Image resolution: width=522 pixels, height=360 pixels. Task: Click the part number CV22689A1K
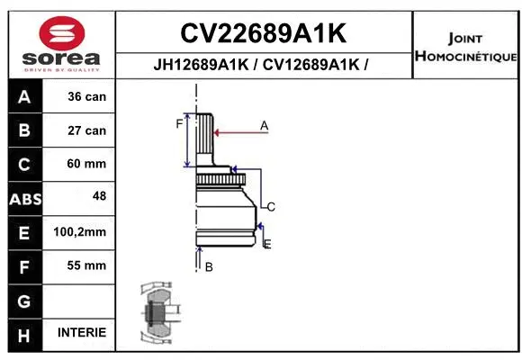point(263,33)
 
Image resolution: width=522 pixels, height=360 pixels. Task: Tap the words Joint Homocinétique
point(465,48)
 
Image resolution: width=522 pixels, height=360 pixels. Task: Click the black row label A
point(24,96)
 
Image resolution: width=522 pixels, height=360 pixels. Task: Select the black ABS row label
point(24,199)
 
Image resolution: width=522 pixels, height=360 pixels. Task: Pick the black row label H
point(24,335)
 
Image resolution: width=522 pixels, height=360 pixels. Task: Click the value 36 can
point(86,96)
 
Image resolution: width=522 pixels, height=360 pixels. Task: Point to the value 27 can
point(86,130)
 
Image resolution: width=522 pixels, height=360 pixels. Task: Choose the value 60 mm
point(86,164)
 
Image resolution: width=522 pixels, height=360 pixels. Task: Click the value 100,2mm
point(80,232)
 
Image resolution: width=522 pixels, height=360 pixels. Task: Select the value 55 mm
point(86,265)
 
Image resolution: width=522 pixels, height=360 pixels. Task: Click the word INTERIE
point(82,333)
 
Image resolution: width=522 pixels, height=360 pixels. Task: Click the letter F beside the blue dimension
point(179,124)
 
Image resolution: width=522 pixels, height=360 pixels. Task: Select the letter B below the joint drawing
point(209,266)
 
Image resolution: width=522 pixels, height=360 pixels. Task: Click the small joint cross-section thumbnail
point(157,314)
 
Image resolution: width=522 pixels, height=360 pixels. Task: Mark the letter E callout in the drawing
point(267,243)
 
